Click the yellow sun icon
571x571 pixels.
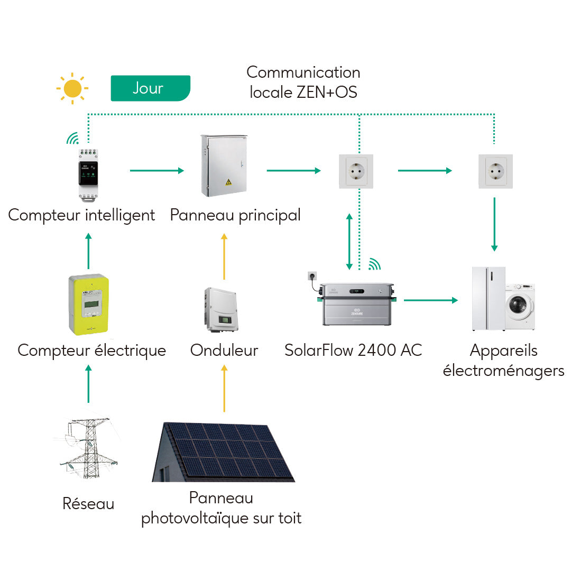[72, 88]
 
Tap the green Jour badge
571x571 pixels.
[150, 88]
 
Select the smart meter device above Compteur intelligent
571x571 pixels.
[88, 174]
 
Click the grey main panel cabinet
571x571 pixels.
[223, 165]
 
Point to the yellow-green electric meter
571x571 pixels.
[88, 305]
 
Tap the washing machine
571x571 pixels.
[520, 307]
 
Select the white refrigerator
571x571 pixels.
[489, 299]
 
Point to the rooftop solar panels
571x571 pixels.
[224, 452]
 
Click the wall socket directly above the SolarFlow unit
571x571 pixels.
[356, 171]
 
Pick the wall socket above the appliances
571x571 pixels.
[495, 171]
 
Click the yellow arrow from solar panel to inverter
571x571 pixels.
[224, 388]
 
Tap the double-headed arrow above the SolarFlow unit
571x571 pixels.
[349, 241]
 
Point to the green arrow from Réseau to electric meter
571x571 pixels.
[88, 384]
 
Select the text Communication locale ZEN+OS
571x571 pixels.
[303, 82]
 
